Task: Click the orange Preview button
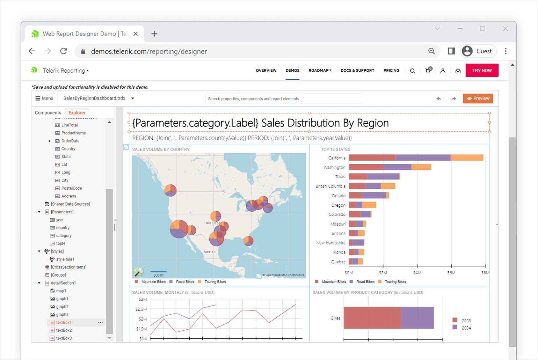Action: [478, 98]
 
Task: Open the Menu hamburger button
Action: [44, 98]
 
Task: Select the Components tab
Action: [48, 113]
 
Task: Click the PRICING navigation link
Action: [391, 71]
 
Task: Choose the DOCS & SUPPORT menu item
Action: [357, 71]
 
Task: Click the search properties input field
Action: [284, 99]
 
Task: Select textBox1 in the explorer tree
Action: [64, 322]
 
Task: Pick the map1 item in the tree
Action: [61, 291]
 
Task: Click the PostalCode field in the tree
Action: [71, 188]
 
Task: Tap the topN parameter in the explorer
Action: [60, 243]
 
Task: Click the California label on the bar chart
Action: [336, 158]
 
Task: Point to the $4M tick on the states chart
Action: [417, 272]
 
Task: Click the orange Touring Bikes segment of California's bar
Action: [467, 158]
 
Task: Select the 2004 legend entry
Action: [466, 328]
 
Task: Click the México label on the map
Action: [210, 252]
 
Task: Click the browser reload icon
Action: [64, 51]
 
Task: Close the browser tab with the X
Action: [136, 34]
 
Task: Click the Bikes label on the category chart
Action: [335, 318]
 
